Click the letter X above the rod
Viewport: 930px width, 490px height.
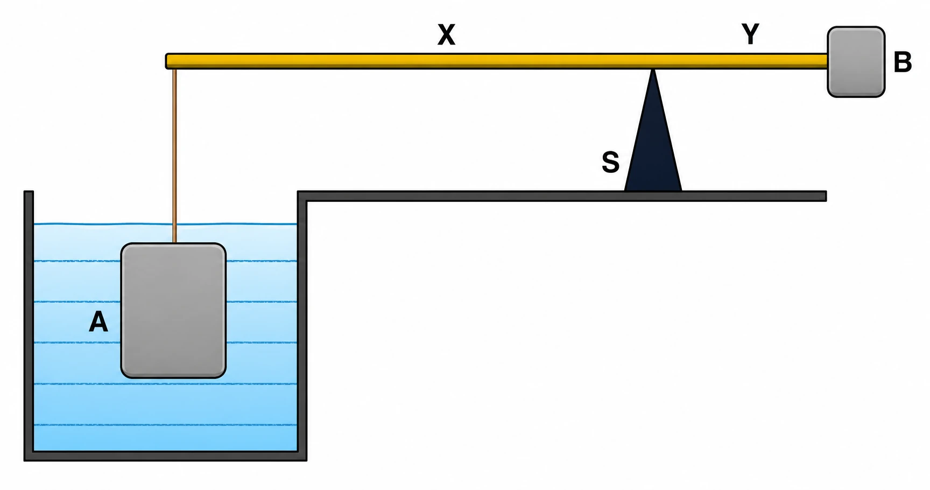(446, 35)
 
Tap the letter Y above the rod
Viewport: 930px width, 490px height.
(750, 34)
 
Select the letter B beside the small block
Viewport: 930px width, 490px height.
(903, 62)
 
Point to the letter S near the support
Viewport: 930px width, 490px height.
(610, 162)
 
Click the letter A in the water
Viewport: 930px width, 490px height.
(98, 322)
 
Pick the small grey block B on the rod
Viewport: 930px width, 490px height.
(856, 62)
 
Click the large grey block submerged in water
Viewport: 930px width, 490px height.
(173, 311)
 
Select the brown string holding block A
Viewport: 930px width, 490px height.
(174, 156)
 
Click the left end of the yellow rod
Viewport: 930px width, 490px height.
(166, 61)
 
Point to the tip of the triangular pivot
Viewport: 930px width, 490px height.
(653, 69)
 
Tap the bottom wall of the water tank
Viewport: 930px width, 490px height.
(165, 456)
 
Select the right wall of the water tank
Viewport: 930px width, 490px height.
(302, 326)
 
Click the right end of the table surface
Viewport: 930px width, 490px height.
(826, 196)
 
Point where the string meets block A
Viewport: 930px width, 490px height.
(174, 243)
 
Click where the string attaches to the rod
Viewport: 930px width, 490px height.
(174, 69)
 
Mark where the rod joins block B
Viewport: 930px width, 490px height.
(828, 61)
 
